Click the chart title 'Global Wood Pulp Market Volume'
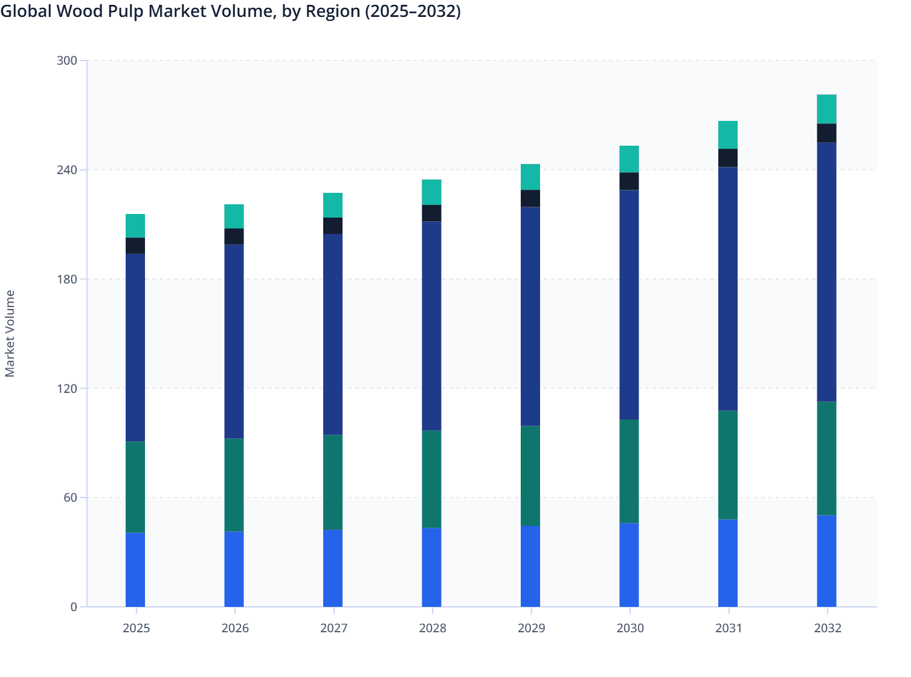[x=230, y=11]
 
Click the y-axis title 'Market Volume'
[x=10, y=334]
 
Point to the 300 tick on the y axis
[x=67, y=60]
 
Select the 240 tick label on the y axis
[x=67, y=170]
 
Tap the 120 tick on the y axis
[x=67, y=388]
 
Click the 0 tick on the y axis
[x=74, y=607]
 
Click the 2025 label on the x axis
[x=136, y=628]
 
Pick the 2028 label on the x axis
[x=432, y=628]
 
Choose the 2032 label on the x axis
[x=827, y=628]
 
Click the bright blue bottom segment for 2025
[x=135, y=569]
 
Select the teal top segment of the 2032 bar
[x=826, y=109]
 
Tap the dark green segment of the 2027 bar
[x=333, y=482]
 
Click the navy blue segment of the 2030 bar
[x=629, y=305]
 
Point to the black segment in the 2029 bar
[x=530, y=198]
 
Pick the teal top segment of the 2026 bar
[x=234, y=216]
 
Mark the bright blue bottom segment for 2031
[x=728, y=563]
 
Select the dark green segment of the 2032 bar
[x=826, y=458]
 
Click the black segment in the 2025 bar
[x=135, y=245]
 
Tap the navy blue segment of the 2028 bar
[x=431, y=326]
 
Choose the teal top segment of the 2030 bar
[x=629, y=159]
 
